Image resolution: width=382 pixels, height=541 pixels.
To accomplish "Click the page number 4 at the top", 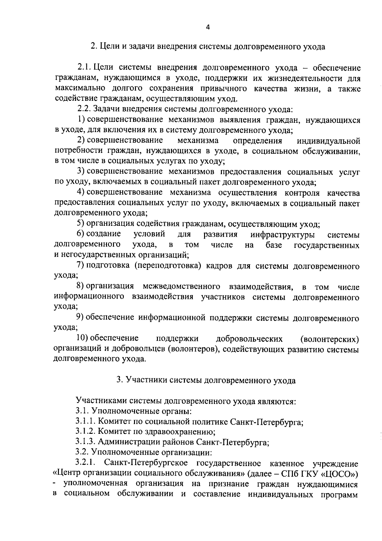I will (208, 27).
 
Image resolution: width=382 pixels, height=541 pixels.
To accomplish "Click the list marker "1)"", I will (81, 120).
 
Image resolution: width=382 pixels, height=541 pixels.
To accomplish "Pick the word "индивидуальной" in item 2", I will (328, 141).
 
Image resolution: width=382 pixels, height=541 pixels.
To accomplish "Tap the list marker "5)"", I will (81, 224).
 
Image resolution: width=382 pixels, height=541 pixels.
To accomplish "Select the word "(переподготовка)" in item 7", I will (167, 266).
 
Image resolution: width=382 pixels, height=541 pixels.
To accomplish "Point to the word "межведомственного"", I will (181, 287).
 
